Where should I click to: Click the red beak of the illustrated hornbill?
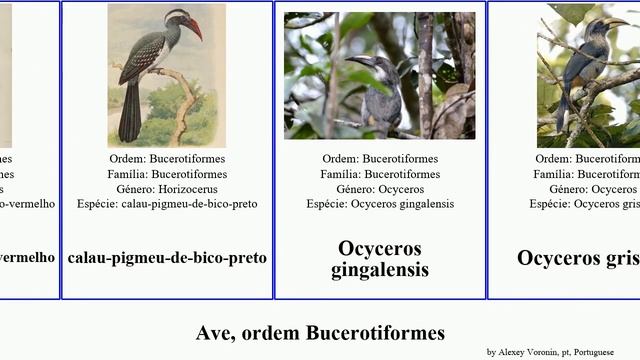pos(193,27)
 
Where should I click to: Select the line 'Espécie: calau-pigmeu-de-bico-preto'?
pos(167,203)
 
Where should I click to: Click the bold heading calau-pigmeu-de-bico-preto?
pos(167,257)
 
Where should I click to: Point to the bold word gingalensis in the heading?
pos(380,269)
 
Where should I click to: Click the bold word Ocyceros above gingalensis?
pos(380,248)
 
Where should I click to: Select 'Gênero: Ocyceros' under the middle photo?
pos(380,188)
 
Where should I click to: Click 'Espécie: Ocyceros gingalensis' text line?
pos(380,203)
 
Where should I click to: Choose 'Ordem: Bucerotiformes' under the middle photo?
pos(380,158)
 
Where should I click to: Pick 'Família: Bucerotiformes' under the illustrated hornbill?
pos(167,173)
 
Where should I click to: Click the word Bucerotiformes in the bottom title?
pos(376,332)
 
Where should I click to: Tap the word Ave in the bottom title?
pos(215,332)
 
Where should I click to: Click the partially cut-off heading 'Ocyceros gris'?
pos(578,257)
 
